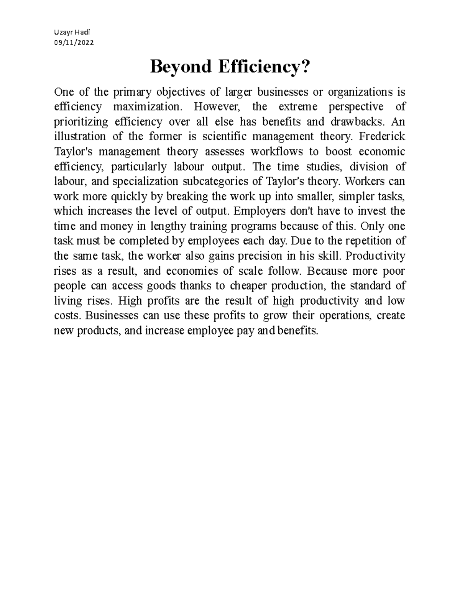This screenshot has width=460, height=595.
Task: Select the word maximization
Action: [x=146, y=107]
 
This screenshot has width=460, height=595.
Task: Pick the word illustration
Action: [x=80, y=137]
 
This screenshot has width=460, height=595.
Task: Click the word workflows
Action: [x=276, y=152]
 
